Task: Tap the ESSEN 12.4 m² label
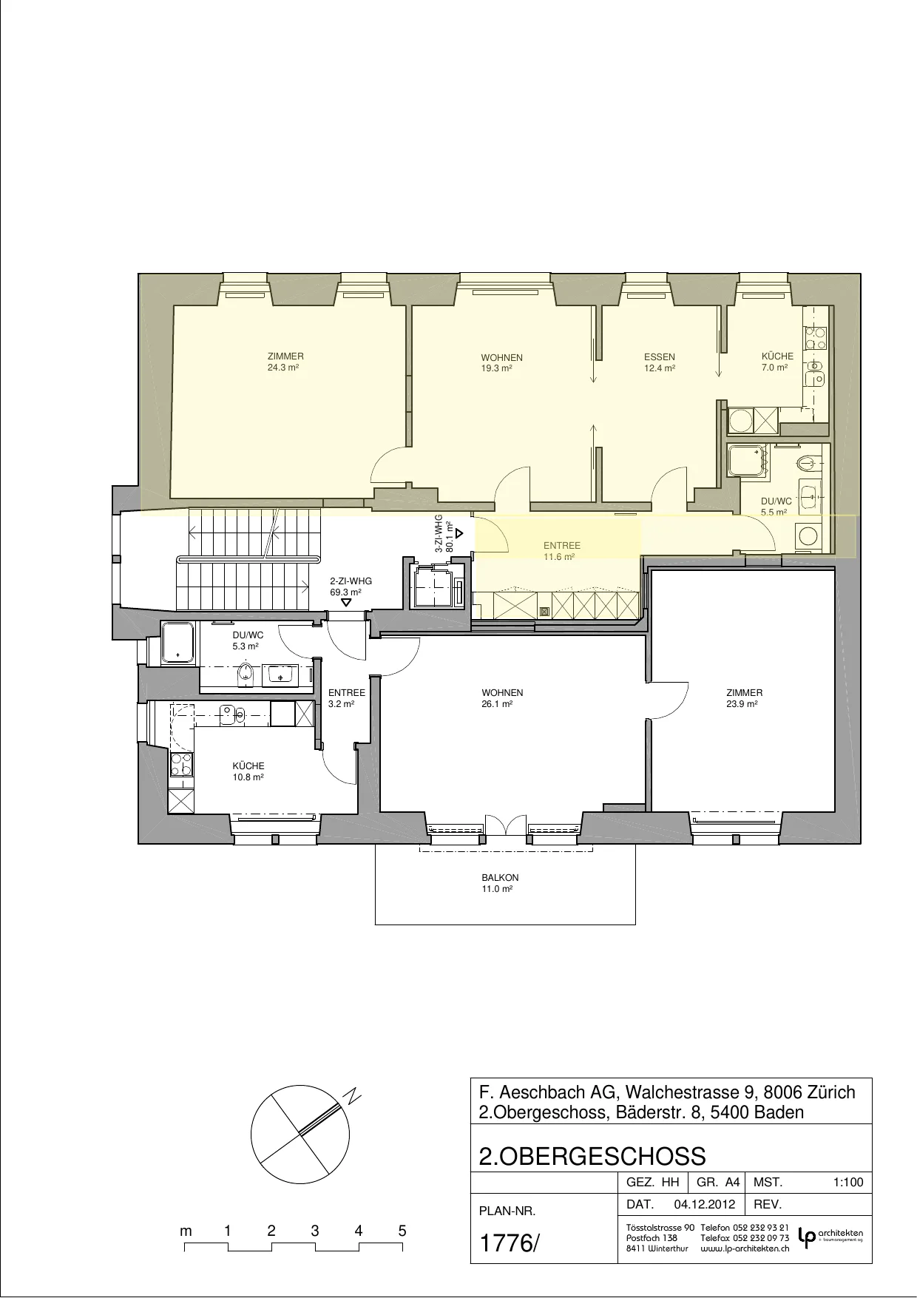(660, 362)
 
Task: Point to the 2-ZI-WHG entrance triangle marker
(346, 603)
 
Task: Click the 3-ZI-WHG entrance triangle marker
(459, 533)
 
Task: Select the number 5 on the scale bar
(402, 1231)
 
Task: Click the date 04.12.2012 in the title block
(705, 1204)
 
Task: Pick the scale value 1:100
(847, 1183)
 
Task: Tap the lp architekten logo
(830, 1237)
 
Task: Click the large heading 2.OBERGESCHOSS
(592, 1156)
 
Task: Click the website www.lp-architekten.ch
(745, 1248)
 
